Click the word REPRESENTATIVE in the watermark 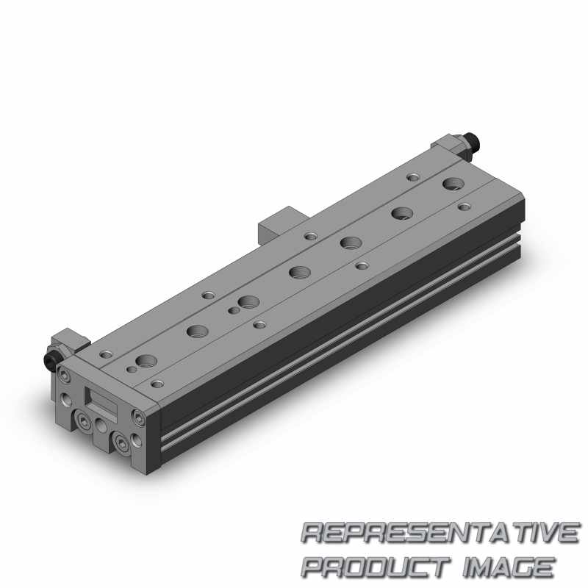click(x=440, y=533)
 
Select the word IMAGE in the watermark click(x=509, y=567)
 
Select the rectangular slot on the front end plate click(x=102, y=401)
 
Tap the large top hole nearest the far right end click(x=453, y=184)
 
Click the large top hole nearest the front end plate click(x=146, y=361)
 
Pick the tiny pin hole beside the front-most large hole click(x=132, y=370)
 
